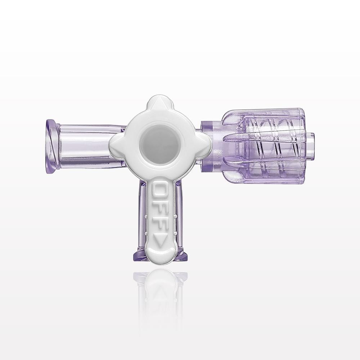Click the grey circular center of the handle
(160, 145)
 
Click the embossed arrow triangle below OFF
(160, 239)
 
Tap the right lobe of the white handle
(206, 145)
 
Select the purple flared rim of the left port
(52, 146)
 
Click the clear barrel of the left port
(86, 146)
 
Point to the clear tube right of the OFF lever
(179, 216)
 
